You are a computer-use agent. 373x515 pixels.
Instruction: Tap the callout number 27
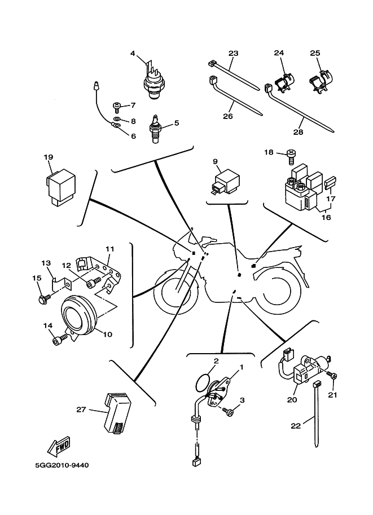pyautogui.click(x=81, y=410)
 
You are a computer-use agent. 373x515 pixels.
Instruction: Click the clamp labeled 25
pyautogui.click(x=319, y=83)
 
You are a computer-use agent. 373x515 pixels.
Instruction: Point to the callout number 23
pyautogui.click(x=233, y=53)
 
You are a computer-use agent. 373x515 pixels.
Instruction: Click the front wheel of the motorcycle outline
pyautogui.click(x=175, y=293)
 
